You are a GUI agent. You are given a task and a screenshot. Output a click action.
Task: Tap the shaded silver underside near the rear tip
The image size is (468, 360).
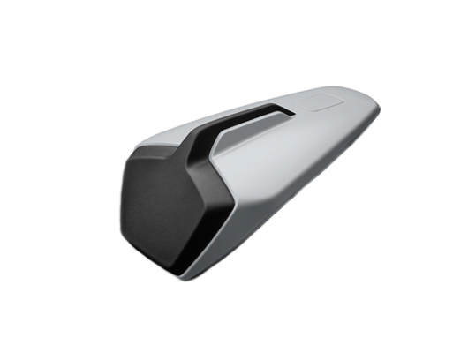[353, 141]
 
